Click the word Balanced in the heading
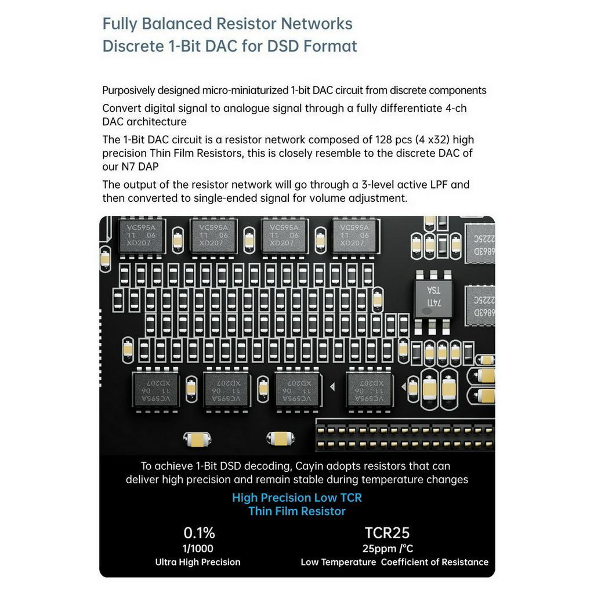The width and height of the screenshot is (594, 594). click(x=182, y=23)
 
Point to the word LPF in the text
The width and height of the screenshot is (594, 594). click(x=439, y=184)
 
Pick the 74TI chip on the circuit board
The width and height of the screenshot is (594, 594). click(x=433, y=299)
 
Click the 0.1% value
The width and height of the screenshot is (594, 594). click(x=200, y=533)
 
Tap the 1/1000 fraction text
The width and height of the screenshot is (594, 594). click(x=198, y=548)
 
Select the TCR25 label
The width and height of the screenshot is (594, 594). click(x=387, y=533)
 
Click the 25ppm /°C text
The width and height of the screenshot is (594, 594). click(x=387, y=548)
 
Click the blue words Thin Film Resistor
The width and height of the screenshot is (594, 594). click(x=297, y=511)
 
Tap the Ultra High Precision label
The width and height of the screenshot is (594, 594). click(x=198, y=562)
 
